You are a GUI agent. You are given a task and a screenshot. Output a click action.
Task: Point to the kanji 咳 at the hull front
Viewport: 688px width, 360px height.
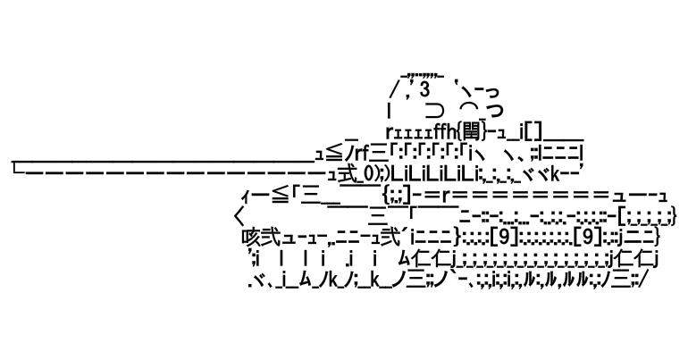[x=250, y=238]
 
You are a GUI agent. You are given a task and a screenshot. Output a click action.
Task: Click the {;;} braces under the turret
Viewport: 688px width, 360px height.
[x=396, y=194]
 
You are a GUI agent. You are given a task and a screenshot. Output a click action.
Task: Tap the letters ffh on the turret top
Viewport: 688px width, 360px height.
[x=444, y=132]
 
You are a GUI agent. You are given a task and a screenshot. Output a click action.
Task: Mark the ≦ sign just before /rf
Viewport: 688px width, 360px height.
[x=335, y=153]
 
